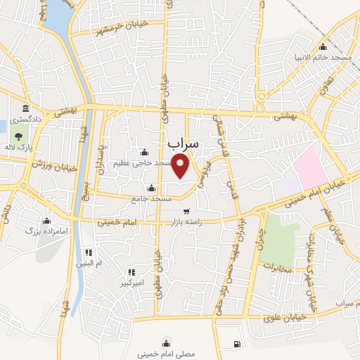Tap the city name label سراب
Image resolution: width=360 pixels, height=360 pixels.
184,143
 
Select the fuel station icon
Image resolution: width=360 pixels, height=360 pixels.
236,344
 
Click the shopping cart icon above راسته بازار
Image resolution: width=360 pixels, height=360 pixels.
186,211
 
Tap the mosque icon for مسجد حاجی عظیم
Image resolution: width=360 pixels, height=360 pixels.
145,153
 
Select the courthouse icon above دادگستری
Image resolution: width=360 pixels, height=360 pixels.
26,108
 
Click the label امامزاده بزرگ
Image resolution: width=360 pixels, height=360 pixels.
46,230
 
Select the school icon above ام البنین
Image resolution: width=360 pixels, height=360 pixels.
89,252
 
